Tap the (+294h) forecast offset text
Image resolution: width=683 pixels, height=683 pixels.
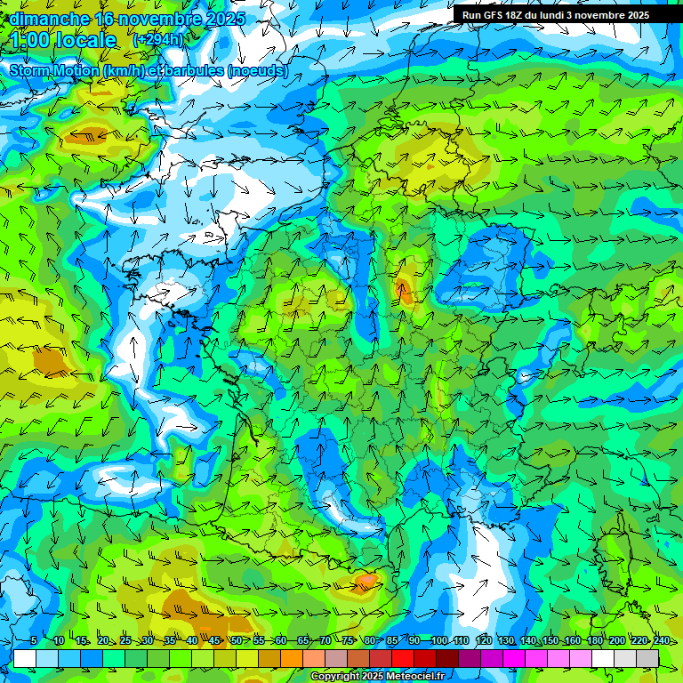pos(157,40)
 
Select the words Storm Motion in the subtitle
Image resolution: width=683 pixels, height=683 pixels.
pos(53,70)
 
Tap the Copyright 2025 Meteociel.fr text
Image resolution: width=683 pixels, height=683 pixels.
pos(377,677)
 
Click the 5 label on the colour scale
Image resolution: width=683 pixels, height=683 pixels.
pos(33,640)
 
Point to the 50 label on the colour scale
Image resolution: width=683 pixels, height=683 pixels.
pos(236,640)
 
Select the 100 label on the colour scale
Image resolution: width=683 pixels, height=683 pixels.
pos(438,640)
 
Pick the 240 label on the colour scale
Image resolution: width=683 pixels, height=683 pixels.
pos(661,640)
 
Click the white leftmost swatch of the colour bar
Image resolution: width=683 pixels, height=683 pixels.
pos(25,658)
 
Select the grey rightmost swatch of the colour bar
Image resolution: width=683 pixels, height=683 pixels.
pos(647,658)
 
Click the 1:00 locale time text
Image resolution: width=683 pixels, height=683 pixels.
pos(64,40)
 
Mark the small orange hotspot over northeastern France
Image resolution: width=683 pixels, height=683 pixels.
pos(405,289)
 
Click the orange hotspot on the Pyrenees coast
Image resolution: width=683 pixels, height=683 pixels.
pos(366,582)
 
